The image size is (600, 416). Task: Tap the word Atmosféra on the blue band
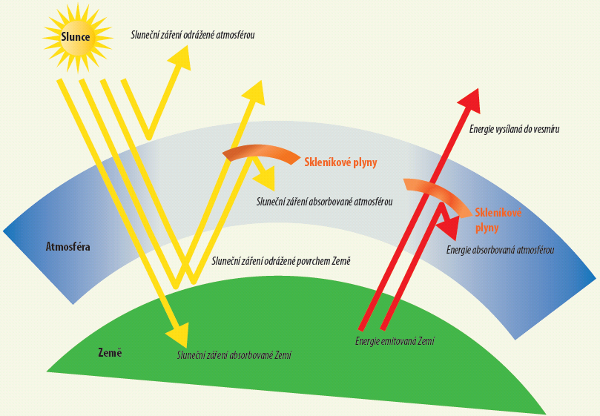pyautogui.click(x=67, y=246)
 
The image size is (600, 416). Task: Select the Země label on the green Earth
pyautogui.click(x=109, y=352)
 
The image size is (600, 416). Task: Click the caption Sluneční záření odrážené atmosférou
pyautogui.click(x=192, y=34)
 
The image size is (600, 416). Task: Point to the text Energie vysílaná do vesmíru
pyautogui.click(x=514, y=129)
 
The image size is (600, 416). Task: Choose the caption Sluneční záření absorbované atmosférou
pyautogui.click(x=323, y=201)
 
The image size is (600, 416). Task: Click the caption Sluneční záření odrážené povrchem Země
pyautogui.click(x=281, y=261)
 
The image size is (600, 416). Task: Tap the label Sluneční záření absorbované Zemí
pyautogui.click(x=234, y=356)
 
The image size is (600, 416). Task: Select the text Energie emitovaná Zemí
pyautogui.click(x=395, y=341)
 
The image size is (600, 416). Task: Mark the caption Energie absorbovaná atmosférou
pyautogui.click(x=500, y=250)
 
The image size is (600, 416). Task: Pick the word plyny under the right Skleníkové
pyautogui.click(x=487, y=228)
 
